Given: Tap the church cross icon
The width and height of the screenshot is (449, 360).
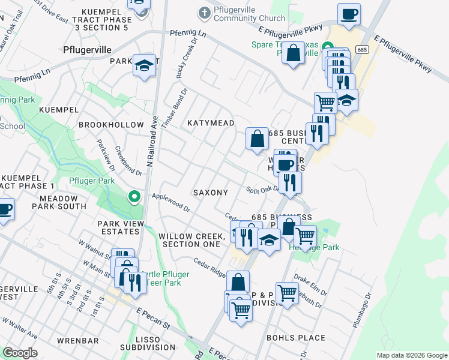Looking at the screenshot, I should pyautogui.click(x=204, y=13).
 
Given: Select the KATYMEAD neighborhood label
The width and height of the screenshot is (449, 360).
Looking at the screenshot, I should pyautogui.click(x=210, y=123).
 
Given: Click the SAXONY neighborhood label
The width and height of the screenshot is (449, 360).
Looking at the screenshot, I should pyautogui.click(x=210, y=193).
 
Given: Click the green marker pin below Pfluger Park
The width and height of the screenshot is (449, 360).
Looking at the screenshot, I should pyautogui.click(x=135, y=196).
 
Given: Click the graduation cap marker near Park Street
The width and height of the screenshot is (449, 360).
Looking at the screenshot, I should pyautogui.click(x=144, y=66).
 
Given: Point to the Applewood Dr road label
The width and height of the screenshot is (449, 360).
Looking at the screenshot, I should pyautogui.click(x=170, y=203).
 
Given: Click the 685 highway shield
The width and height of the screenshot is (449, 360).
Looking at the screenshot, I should pyautogui.click(x=361, y=49).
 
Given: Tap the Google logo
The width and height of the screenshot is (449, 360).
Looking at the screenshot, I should pyautogui.click(x=20, y=353).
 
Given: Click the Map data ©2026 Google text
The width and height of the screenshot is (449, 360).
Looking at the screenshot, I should pyautogui.click(x=411, y=355).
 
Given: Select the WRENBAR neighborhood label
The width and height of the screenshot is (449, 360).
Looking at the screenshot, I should pyautogui.click(x=77, y=341).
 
